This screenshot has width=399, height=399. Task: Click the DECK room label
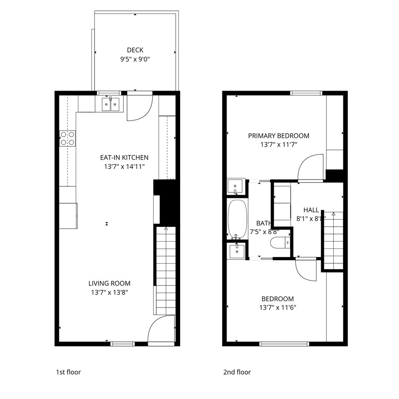pos(135,50)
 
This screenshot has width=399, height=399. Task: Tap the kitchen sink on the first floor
pos(110,105)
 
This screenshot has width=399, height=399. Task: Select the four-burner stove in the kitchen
pos(68,138)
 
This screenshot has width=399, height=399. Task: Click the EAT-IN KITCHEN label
pos(124,157)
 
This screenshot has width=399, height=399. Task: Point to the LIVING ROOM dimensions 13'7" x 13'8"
pos(109,292)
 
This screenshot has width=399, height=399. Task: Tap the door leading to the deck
pos(139,107)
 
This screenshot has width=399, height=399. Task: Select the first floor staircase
pos(165,271)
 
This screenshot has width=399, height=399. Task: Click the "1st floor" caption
pos(68,372)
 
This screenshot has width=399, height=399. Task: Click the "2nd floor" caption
pos(237,372)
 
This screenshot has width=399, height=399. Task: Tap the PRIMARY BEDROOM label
pos(279,136)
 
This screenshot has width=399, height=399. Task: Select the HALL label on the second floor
pos(311,210)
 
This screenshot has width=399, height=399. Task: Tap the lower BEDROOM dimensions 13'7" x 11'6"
pos(278,307)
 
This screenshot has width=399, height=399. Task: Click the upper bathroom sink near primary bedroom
pos(236,186)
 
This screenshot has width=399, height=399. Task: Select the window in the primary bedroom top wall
pos(306,93)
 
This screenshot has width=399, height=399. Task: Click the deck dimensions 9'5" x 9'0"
pos(135,59)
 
